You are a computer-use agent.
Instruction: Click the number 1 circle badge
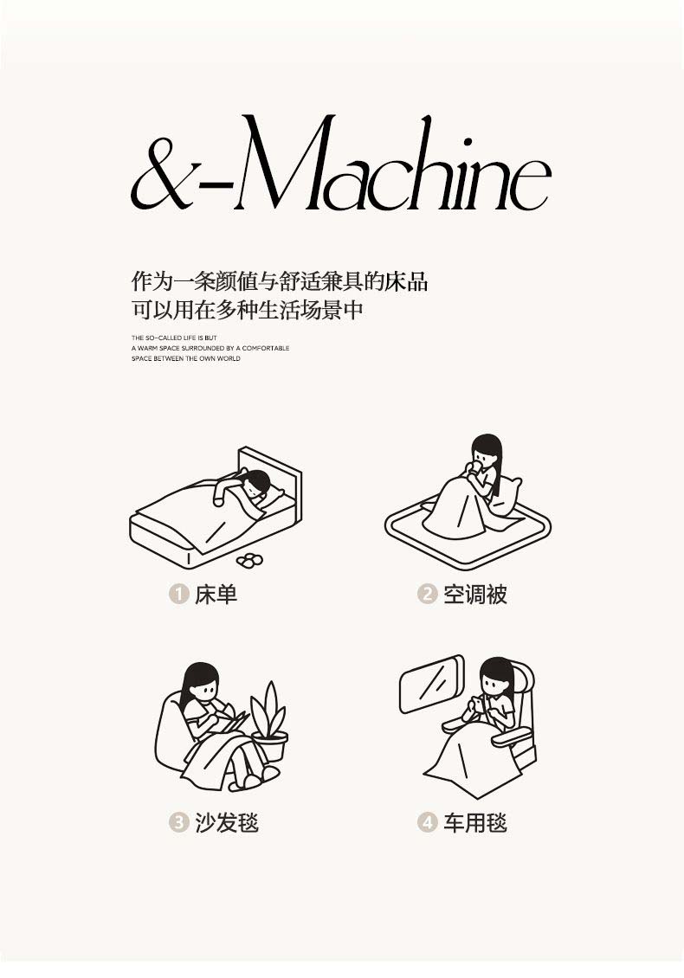click(x=178, y=593)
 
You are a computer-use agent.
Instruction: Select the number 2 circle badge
click(x=427, y=593)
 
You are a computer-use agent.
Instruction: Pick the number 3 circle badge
click(x=178, y=822)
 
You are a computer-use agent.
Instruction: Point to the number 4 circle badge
click(x=427, y=822)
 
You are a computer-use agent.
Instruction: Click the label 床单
click(x=216, y=594)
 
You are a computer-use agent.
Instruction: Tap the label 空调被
click(x=475, y=594)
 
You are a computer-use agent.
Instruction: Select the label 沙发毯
click(x=227, y=823)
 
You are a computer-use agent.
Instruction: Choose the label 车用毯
click(x=475, y=823)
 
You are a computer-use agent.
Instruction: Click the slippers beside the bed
click(x=249, y=560)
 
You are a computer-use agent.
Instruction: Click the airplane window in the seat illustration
click(x=433, y=684)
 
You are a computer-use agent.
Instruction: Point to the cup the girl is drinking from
click(x=476, y=466)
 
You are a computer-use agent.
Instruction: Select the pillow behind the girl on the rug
click(x=508, y=496)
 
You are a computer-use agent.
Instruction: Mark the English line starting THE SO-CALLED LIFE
click(x=174, y=338)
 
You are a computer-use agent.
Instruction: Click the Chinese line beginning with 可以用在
click(x=247, y=310)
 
